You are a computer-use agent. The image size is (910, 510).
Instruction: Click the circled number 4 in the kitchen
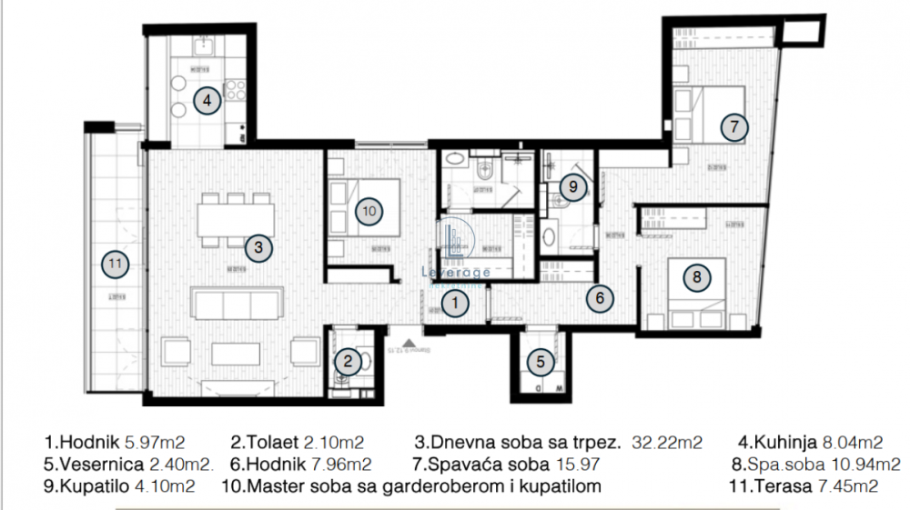point(207,101)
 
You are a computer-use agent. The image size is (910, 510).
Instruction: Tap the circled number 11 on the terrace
point(115,264)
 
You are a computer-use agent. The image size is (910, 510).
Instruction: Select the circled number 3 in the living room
point(258,246)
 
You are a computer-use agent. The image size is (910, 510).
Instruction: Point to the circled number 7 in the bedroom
point(734,126)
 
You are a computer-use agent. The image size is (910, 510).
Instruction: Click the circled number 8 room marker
point(696,277)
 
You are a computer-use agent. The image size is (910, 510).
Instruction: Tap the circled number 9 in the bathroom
point(571,187)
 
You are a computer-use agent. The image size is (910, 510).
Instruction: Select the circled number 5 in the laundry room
point(541,362)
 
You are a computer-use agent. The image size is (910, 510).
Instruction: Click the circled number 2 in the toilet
point(347,362)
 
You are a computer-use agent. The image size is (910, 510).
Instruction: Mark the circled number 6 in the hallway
point(597,296)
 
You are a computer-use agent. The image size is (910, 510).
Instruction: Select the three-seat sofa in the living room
point(237,303)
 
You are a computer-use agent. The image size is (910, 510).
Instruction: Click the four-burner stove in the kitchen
point(236,90)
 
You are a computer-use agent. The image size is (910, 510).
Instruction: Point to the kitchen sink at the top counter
point(202,43)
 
